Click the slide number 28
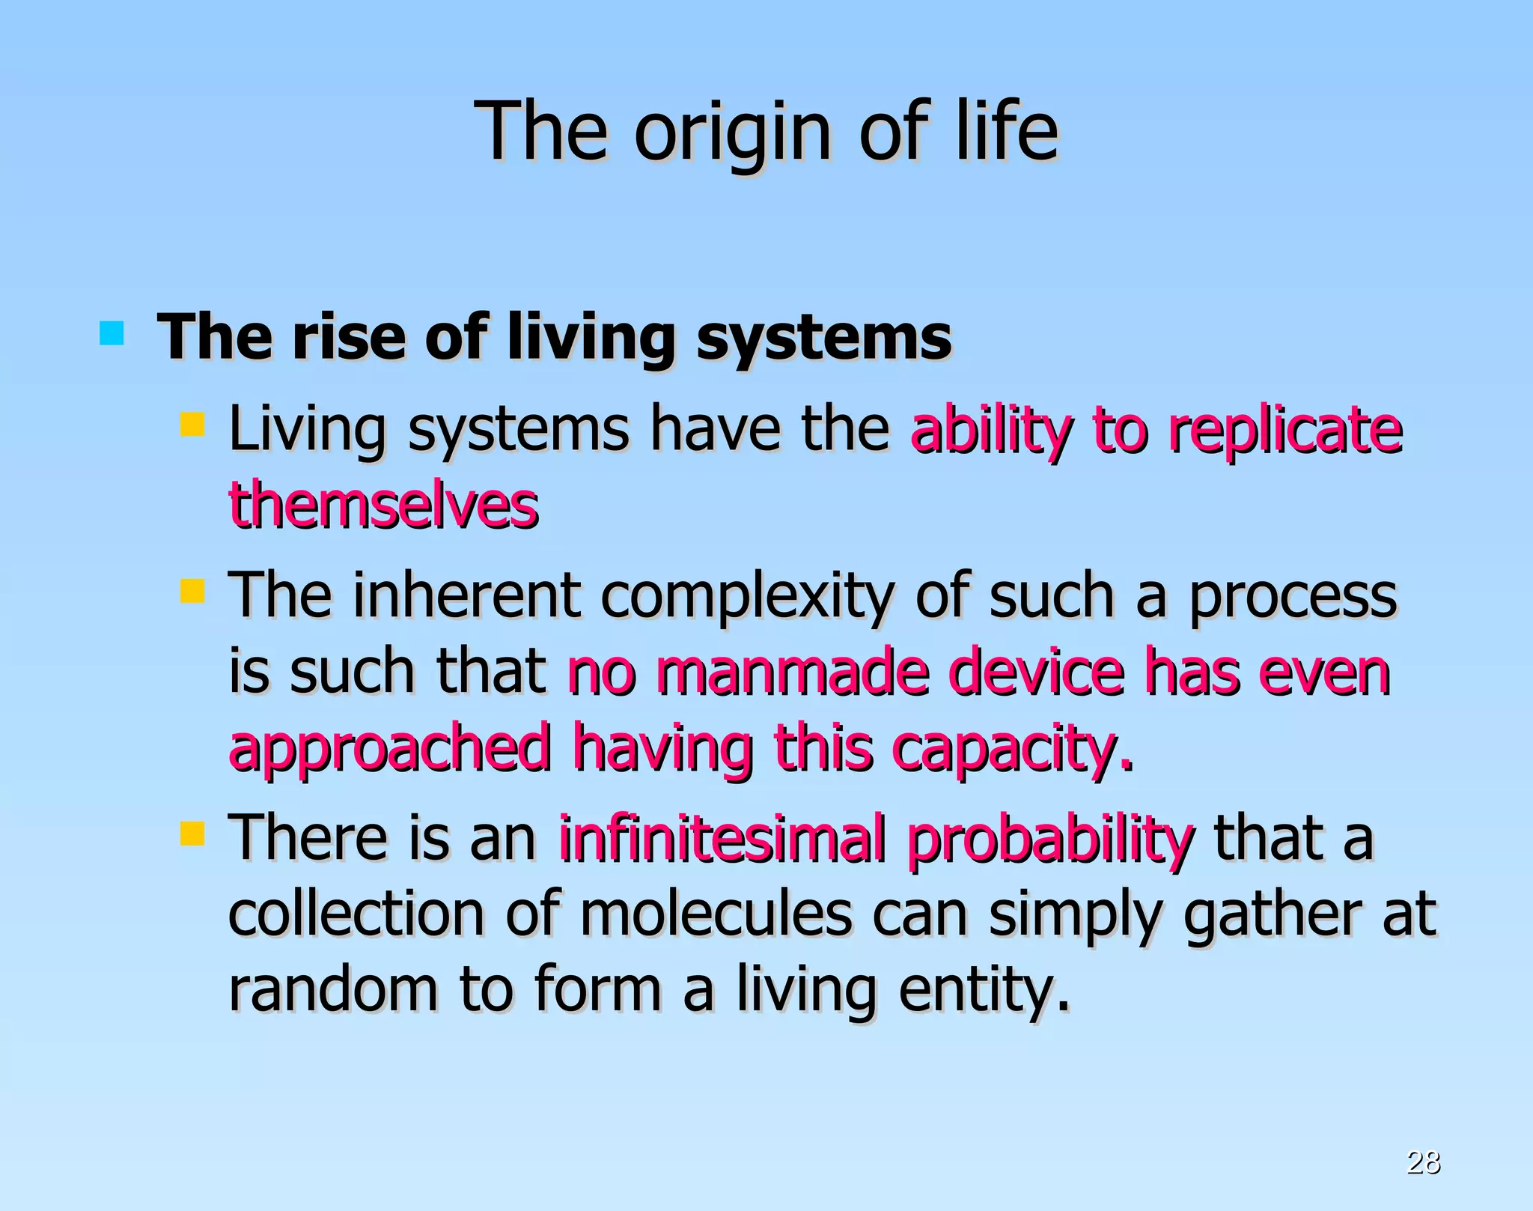point(1423,1162)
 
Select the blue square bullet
point(112,333)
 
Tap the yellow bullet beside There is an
point(192,833)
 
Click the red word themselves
point(383,505)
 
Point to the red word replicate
point(1285,431)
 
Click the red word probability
point(1049,839)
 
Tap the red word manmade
point(792,672)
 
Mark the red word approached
point(389,750)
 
